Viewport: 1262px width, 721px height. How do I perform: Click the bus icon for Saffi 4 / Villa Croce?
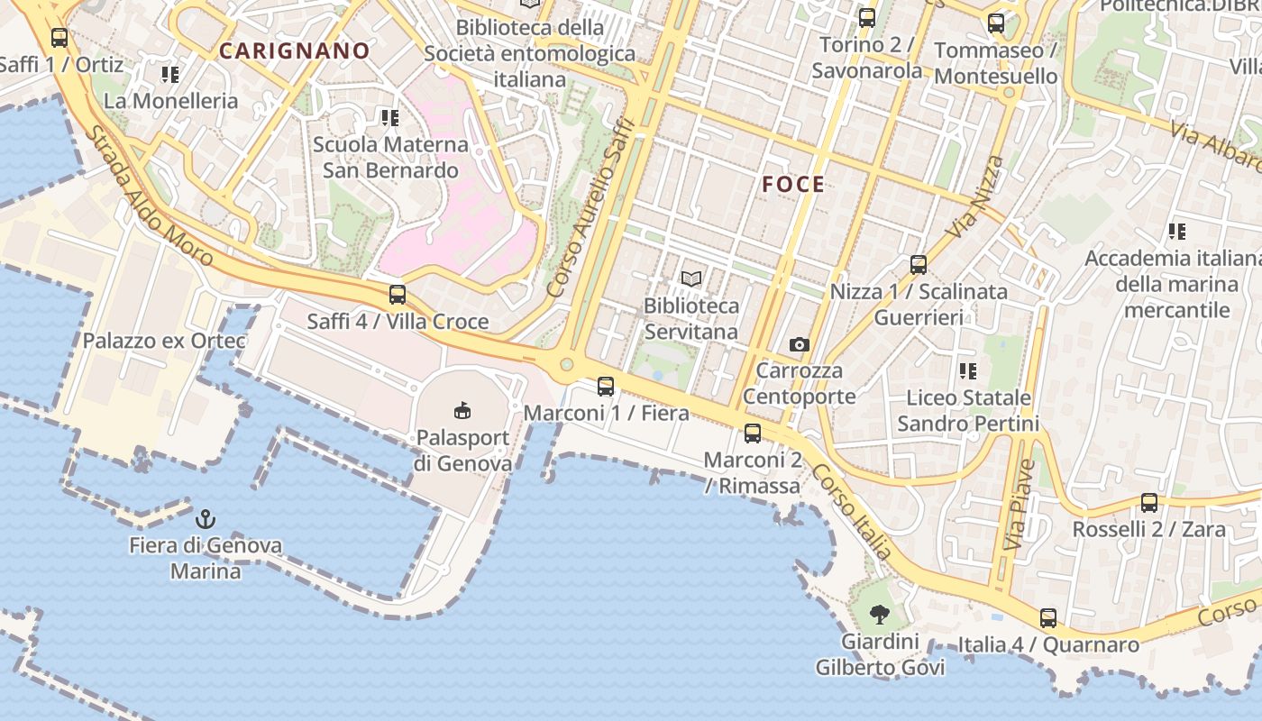coord(398,295)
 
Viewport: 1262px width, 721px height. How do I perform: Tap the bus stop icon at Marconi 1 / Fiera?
coord(606,387)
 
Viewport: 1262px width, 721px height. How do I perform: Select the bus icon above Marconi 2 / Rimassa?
coord(753,434)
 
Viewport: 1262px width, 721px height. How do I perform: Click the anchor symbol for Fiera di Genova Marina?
coord(206,519)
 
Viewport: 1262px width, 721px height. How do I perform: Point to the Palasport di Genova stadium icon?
coord(462,411)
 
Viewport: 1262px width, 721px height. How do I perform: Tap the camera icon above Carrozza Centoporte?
coord(799,344)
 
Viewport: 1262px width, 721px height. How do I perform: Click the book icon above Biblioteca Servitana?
coord(691,278)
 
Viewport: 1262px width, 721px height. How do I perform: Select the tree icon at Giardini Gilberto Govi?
coord(880,616)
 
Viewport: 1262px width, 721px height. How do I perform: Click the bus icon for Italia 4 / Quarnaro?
coord(1048,618)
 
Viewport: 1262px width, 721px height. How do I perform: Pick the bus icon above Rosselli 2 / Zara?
coord(1149,503)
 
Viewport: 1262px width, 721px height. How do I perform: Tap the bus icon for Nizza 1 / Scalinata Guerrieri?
coord(919,265)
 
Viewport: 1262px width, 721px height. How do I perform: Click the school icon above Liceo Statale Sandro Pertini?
coord(968,370)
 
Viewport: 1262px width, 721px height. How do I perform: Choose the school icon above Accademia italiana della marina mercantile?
coord(1176,232)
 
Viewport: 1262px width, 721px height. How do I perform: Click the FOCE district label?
coord(793,185)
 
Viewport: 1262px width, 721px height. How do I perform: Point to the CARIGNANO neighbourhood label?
coord(295,51)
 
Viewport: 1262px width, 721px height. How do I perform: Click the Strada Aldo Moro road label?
coord(151,196)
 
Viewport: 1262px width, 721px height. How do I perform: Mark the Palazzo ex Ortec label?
coord(164,341)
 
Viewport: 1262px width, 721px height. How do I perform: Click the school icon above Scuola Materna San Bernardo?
coord(389,118)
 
